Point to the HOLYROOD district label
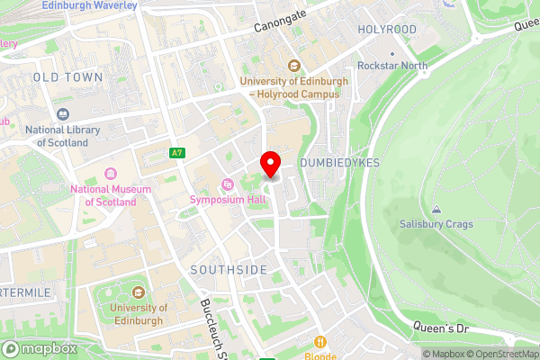tap(387, 30)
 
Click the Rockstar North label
tap(391, 66)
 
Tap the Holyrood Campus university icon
tap(294, 66)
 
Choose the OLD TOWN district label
tap(67, 78)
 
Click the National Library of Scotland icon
tap(62, 114)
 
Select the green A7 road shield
tap(176, 153)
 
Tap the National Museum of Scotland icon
tap(111, 173)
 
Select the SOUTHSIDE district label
tap(229, 270)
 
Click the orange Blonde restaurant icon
tap(319, 341)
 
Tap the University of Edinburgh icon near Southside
tap(138, 292)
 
